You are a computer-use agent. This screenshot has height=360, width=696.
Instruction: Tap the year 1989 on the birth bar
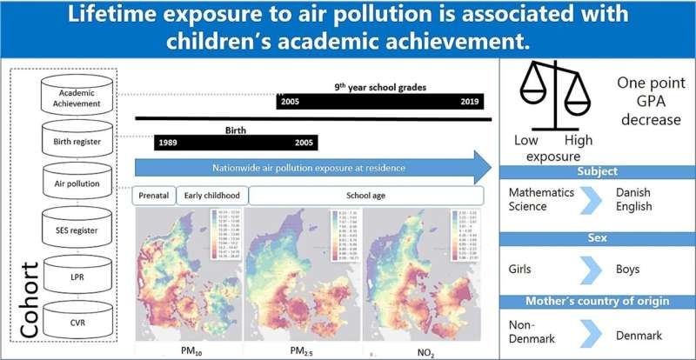[170, 143]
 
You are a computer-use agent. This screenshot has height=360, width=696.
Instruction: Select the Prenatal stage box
[155, 196]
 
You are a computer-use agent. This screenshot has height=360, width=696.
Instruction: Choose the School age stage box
[365, 196]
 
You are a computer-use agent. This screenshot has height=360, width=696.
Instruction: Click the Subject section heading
[597, 171]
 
